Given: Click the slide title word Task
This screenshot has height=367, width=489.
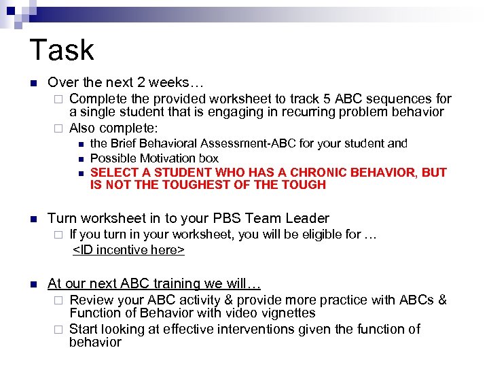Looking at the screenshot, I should [x=62, y=50].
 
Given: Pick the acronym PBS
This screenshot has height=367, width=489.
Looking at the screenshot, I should [x=227, y=218].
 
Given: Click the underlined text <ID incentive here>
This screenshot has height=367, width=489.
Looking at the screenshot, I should [x=128, y=249].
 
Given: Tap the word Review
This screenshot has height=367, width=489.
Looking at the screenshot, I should [x=92, y=300].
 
